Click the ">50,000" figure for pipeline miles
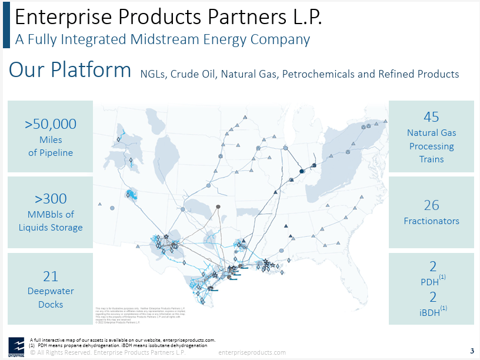(x=51, y=124)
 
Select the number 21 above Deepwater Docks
(x=51, y=275)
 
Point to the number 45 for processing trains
(x=431, y=116)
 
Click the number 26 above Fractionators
(x=431, y=205)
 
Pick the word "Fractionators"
(x=431, y=221)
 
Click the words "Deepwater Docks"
(x=51, y=298)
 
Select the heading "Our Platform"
(x=70, y=70)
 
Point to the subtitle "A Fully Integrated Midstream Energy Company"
(x=162, y=40)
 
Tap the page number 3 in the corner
(x=472, y=352)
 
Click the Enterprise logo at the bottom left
(x=15, y=345)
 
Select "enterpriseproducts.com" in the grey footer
(x=252, y=352)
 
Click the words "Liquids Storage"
(x=51, y=227)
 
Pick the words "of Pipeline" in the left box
(x=51, y=153)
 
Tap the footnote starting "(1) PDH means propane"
(x=118, y=346)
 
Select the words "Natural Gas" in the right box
(x=431, y=133)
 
